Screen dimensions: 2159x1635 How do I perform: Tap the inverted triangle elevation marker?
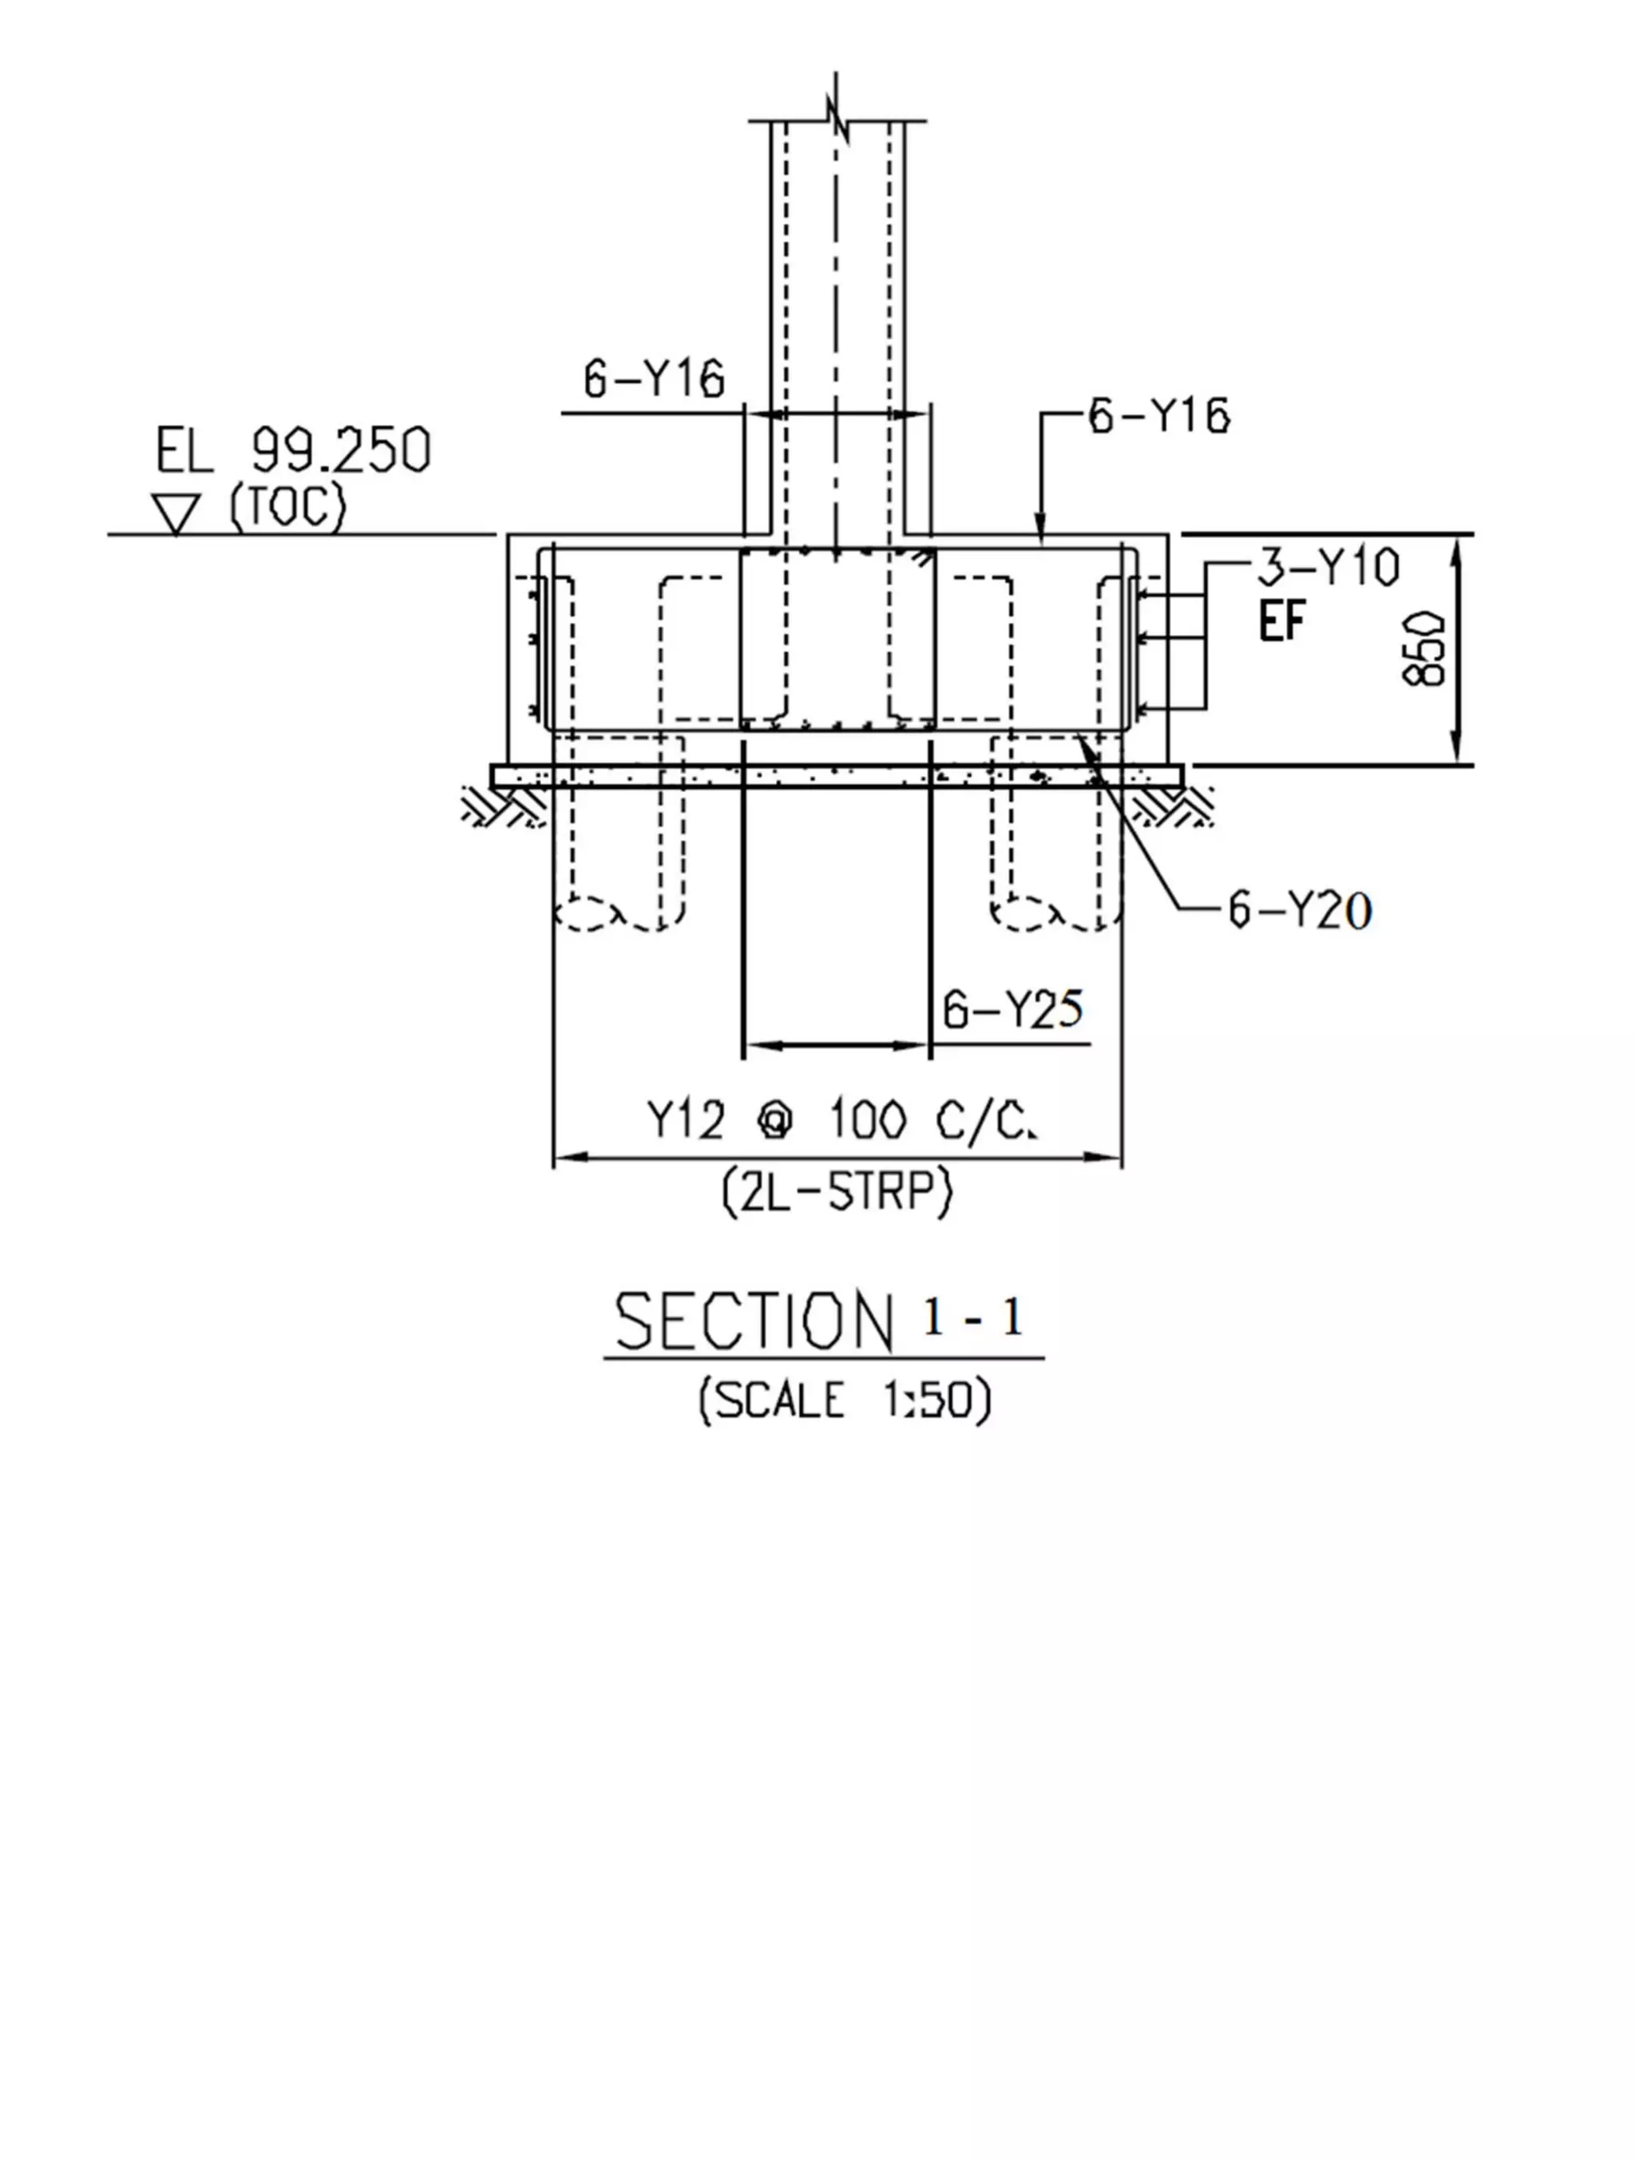coord(176,513)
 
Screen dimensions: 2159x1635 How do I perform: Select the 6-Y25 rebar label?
coord(1013,1009)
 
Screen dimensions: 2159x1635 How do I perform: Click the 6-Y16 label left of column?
coord(654,378)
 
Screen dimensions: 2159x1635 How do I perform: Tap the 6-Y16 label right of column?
coord(1158,417)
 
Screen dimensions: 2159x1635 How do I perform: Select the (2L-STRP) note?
coord(837,1193)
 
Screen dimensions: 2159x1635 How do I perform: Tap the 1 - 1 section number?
coord(972,1318)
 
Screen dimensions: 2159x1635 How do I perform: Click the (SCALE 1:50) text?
coord(845,1400)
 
